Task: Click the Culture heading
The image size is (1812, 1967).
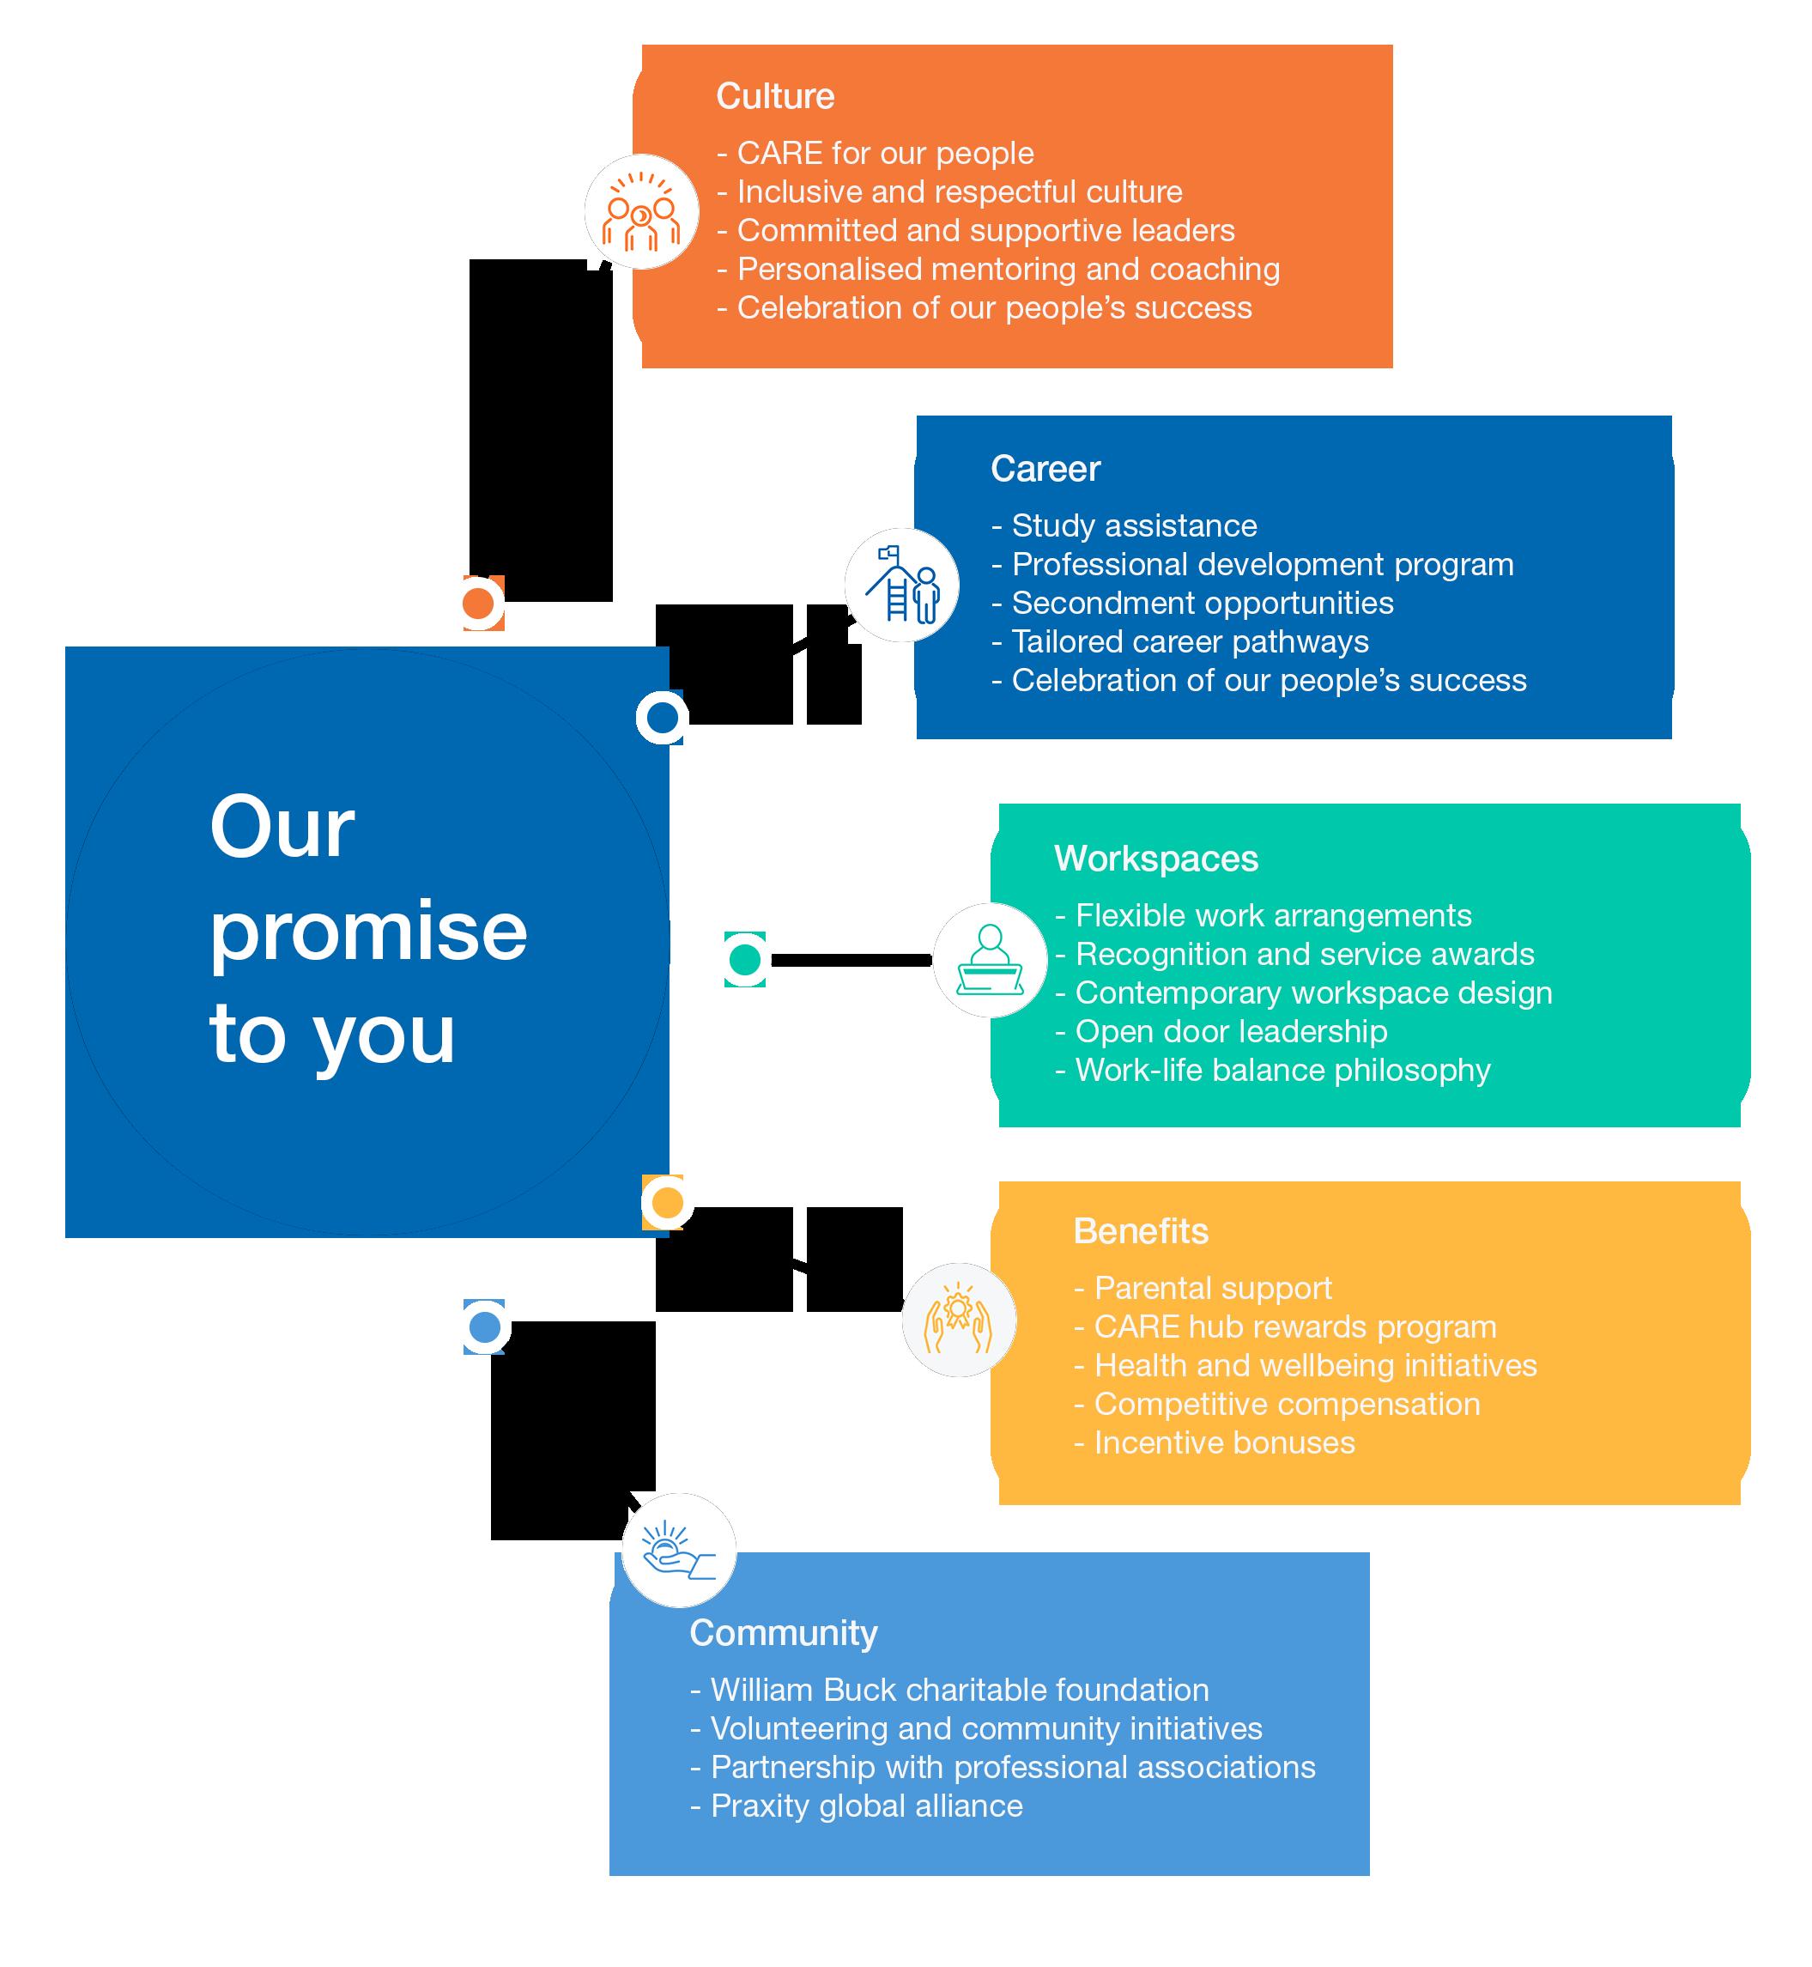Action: (x=774, y=96)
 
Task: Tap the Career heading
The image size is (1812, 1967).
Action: (x=1045, y=469)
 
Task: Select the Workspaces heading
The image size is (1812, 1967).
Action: (x=1156, y=858)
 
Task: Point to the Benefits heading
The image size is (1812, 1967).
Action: (x=1141, y=1230)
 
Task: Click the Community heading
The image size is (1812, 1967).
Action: (x=784, y=1633)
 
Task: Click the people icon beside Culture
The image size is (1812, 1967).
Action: (x=641, y=212)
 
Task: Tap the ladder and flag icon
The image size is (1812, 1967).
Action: (x=902, y=585)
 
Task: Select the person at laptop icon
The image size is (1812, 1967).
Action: (x=990, y=959)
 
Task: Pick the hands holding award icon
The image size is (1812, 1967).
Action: (x=959, y=1320)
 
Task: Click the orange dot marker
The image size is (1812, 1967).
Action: (x=478, y=603)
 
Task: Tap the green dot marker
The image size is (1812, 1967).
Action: (x=745, y=959)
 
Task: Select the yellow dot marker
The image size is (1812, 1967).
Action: (x=667, y=1202)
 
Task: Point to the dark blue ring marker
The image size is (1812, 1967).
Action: (x=662, y=718)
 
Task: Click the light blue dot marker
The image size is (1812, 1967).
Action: (x=484, y=1327)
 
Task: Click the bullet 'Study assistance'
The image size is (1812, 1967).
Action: (x=1134, y=525)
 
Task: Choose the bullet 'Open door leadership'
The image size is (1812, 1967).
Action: (x=1231, y=1031)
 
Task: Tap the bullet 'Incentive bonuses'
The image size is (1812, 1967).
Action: (x=1224, y=1442)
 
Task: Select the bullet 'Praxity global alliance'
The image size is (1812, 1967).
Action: (x=866, y=1806)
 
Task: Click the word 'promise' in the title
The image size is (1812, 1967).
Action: (x=369, y=932)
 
